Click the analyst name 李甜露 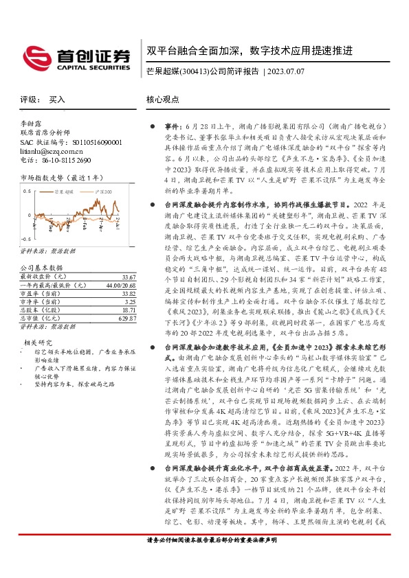pos(32,123)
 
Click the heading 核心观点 pos(162,100)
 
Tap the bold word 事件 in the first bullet pos(170,128)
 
